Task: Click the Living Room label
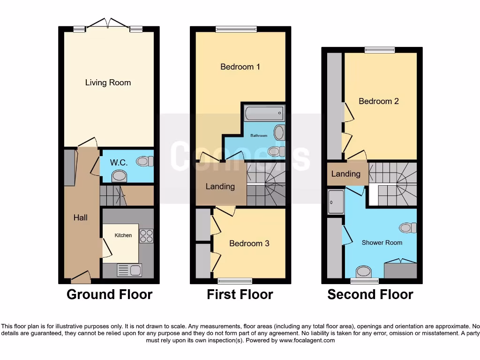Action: click(x=108, y=82)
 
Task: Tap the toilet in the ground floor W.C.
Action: click(x=145, y=161)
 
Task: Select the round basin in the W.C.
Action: click(x=120, y=176)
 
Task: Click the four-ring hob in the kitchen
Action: click(x=146, y=236)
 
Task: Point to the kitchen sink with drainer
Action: click(x=129, y=270)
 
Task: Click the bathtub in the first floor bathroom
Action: click(x=264, y=113)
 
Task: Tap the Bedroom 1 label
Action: click(x=240, y=67)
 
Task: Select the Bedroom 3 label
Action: click(x=249, y=243)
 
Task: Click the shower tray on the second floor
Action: click(x=336, y=202)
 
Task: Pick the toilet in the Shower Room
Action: click(x=408, y=228)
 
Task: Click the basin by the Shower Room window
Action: click(x=363, y=271)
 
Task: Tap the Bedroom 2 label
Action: click(x=379, y=101)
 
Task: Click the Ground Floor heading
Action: click(x=109, y=294)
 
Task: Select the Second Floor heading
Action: click(x=370, y=294)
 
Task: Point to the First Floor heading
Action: click(x=240, y=294)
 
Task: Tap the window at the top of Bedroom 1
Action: click(x=236, y=29)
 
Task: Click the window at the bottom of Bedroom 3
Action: click(x=235, y=281)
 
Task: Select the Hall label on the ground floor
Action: click(x=80, y=217)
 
